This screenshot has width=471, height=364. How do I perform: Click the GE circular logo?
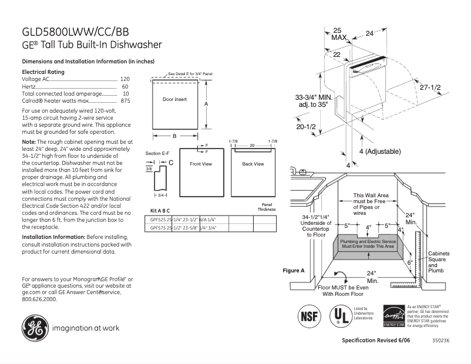pyautogui.click(x=35, y=328)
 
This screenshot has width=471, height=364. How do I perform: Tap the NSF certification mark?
pyautogui.click(x=311, y=315)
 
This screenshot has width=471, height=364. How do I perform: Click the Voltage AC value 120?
pyautogui.click(x=125, y=79)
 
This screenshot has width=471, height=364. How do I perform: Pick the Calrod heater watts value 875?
pyautogui.click(x=125, y=101)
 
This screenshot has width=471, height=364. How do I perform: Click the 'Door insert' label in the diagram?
pyautogui.click(x=174, y=99)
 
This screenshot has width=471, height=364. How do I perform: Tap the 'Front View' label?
pyautogui.click(x=200, y=164)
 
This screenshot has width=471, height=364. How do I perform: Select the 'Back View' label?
pyautogui.click(x=253, y=164)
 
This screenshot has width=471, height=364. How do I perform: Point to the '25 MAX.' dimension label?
pyautogui.click(x=338, y=33)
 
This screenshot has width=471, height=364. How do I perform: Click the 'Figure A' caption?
pyautogui.click(x=294, y=271)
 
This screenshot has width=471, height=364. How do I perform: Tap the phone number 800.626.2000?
pyautogui.click(x=39, y=299)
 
